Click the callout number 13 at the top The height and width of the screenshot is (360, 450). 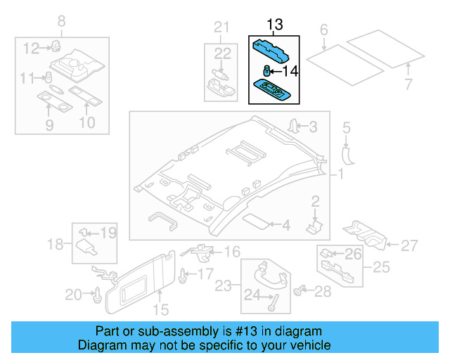coord(274,25)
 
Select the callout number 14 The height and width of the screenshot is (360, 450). coord(290,70)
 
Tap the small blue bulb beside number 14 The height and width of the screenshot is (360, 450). coord(268,70)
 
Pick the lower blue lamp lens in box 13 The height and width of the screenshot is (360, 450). coord(273,91)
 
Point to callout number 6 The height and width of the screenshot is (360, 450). coord(323,30)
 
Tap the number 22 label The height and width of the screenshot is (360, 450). coord(222,53)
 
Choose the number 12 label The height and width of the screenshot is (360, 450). coord(30,49)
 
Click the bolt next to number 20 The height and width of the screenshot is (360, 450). coord(96,296)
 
